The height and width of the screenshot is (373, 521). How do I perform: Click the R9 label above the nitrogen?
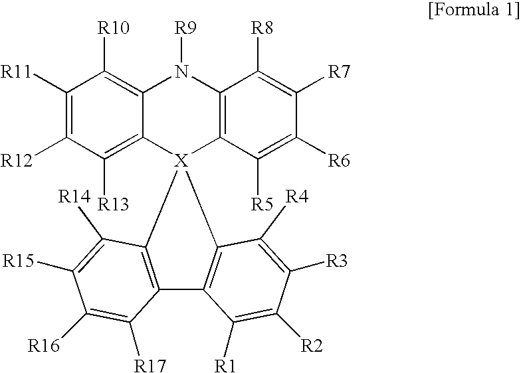(x=187, y=29)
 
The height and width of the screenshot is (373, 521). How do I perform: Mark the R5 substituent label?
(x=263, y=204)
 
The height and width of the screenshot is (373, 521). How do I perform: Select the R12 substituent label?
(x=18, y=160)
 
